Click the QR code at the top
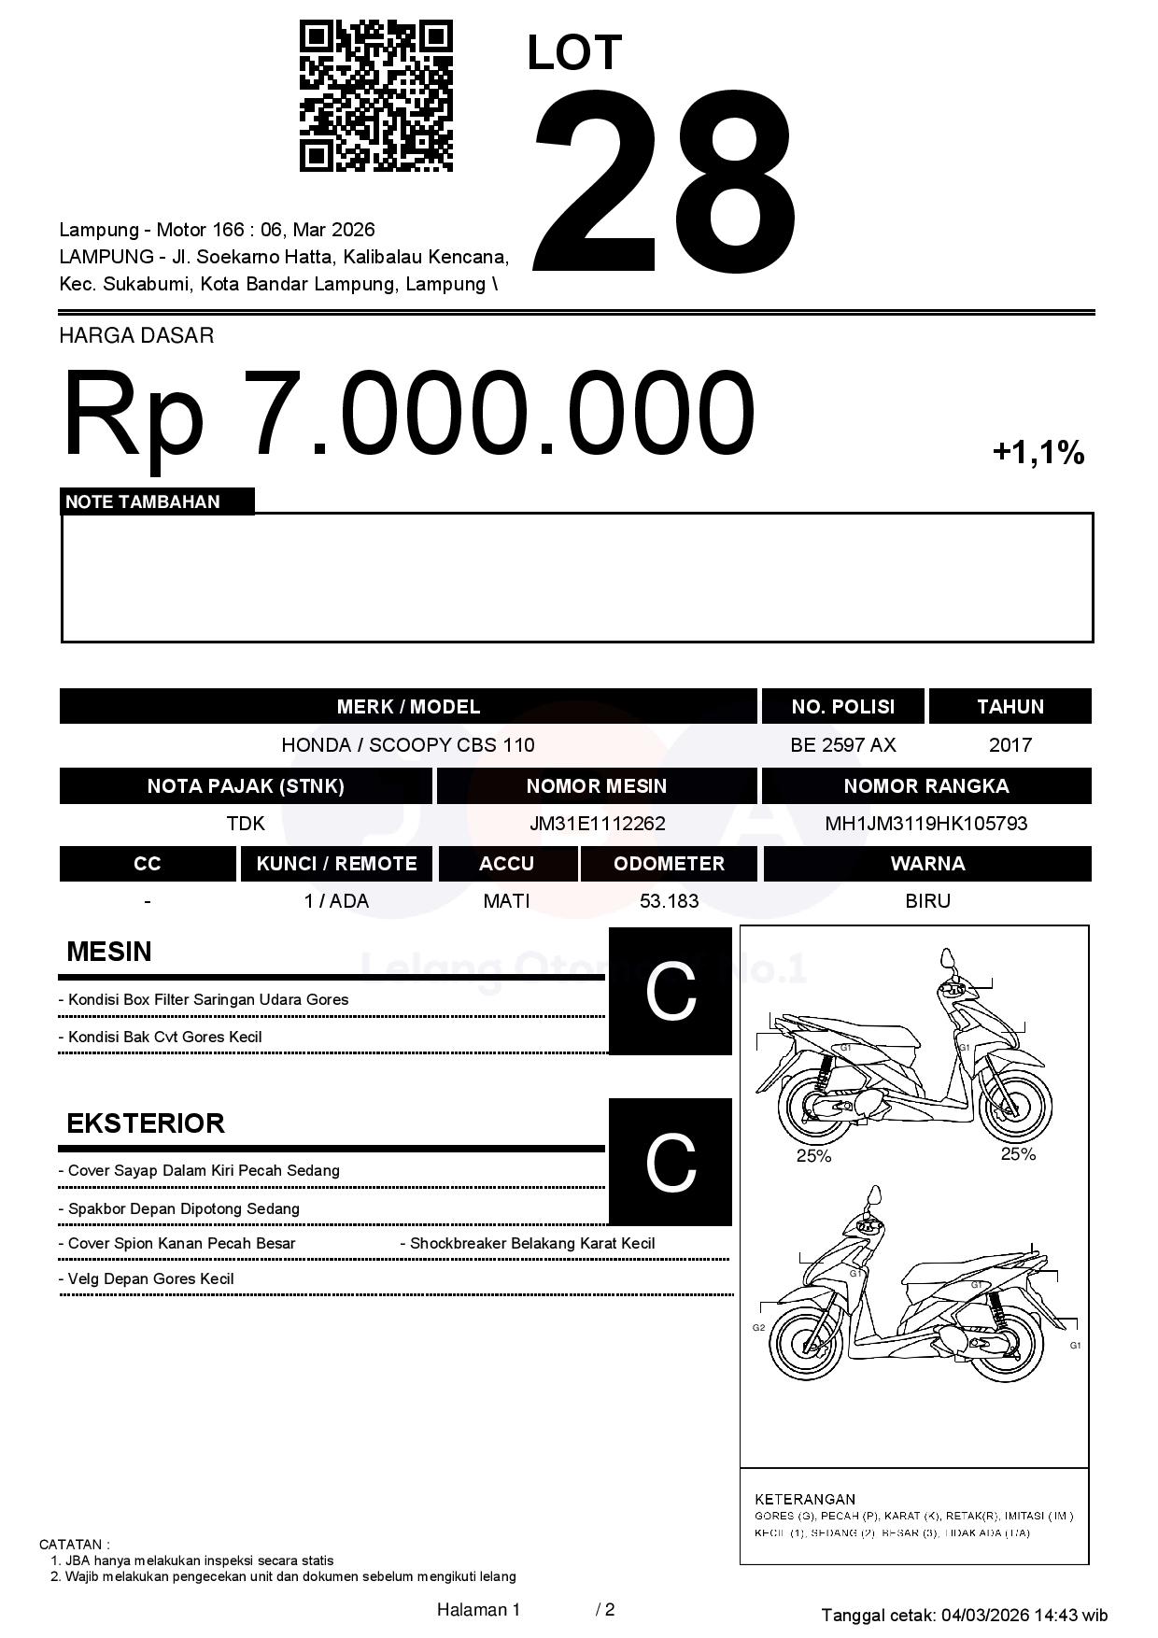(375, 96)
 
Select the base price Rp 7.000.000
(408, 413)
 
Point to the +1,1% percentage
(1038, 453)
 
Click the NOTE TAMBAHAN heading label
(143, 501)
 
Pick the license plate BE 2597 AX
(842, 745)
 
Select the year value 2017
(1010, 745)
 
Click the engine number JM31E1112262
(597, 824)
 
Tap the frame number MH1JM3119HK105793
(925, 824)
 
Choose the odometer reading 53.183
(669, 901)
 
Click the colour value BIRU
(927, 901)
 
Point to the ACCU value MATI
(506, 901)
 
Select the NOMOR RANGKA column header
(925, 785)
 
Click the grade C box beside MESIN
(671, 992)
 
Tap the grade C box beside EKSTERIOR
(671, 1162)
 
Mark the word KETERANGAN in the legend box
(804, 1499)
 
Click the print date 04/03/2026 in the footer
(984, 1615)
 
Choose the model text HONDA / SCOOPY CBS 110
(408, 745)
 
